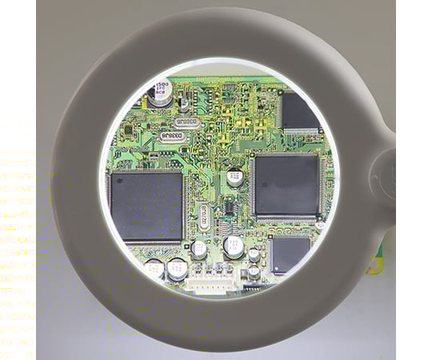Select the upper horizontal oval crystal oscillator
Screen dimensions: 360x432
point(186,121)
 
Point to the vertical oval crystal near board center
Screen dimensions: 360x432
point(205,215)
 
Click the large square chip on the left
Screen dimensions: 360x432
point(146,206)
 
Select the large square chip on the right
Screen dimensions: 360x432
point(286,186)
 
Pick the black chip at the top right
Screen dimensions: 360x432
point(299,112)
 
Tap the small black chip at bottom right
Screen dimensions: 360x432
point(289,254)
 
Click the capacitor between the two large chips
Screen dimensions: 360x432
point(234,177)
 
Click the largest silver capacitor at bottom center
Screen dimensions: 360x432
point(234,246)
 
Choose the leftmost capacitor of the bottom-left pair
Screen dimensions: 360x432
point(154,269)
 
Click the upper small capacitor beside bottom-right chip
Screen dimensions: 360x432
point(254,254)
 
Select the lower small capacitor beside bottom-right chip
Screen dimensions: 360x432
point(254,271)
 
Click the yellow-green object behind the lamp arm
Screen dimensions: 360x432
point(374,263)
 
